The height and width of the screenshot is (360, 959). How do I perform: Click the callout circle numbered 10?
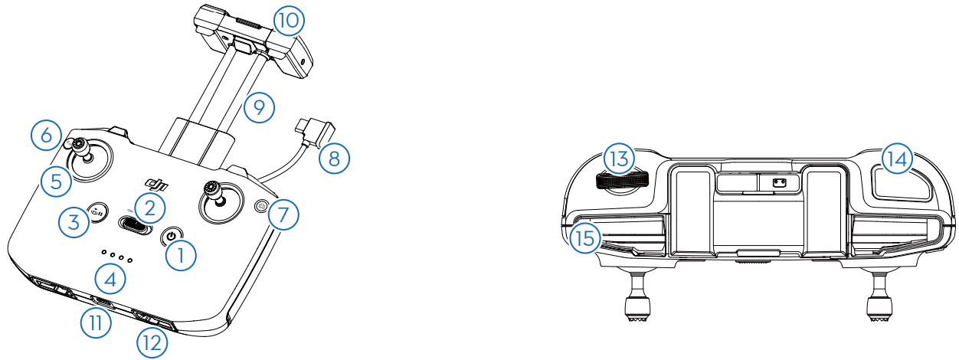(x=289, y=21)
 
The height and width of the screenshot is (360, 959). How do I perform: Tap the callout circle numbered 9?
(x=259, y=107)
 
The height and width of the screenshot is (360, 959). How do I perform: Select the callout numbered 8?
(x=334, y=159)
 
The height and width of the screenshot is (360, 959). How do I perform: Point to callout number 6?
(x=46, y=136)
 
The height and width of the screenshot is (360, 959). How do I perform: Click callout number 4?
(x=110, y=279)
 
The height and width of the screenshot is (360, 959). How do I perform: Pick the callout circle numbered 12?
(x=152, y=343)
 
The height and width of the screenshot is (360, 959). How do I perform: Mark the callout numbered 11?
(x=96, y=322)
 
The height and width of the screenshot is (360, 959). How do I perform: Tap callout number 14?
(x=897, y=159)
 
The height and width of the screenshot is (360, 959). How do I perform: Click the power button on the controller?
(x=172, y=236)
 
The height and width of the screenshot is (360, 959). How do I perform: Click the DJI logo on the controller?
(x=157, y=184)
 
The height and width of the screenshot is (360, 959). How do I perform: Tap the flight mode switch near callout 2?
(x=135, y=224)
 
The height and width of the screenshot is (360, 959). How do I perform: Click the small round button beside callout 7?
(x=261, y=206)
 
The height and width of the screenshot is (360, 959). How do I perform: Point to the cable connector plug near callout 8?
(x=315, y=132)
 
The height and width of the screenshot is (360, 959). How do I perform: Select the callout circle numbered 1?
(x=181, y=256)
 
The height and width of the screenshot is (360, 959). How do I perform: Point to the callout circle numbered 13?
(x=619, y=159)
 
